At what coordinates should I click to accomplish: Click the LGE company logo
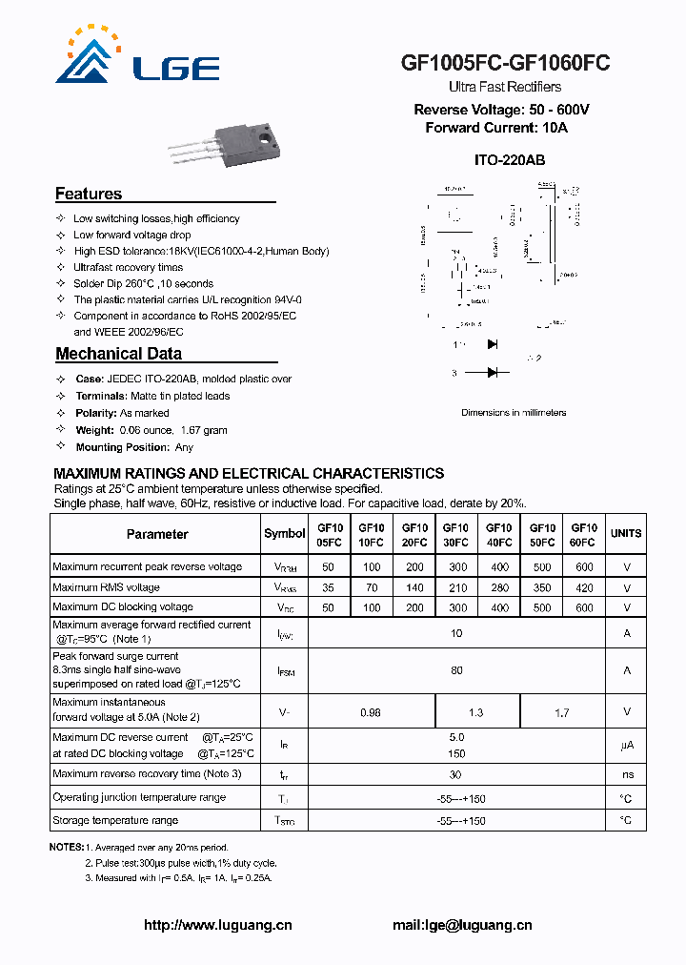(x=133, y=57)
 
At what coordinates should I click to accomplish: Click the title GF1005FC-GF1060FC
(x=505, y=63)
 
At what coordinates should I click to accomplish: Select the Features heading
(x=89, y=195)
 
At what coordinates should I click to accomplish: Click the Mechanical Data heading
(x=118, y=355)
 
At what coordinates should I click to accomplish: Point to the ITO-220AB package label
(x=509, y=161)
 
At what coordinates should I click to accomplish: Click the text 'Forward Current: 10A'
(x=495, y=128)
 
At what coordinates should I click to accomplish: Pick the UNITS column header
(x=626, y=534)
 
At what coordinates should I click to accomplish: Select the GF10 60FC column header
(x=583, y=535)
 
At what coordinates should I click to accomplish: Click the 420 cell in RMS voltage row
(x=583, y=588)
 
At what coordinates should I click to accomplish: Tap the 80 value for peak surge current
(x=456, y=670)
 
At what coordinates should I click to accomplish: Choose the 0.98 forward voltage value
(x=371, y=712)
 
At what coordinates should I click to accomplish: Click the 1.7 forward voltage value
(x=561, y=712)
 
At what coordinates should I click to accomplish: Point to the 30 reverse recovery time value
(x=456, y=775)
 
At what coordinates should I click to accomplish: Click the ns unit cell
(x=626, y=775)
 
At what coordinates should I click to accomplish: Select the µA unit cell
(x=626, y=745)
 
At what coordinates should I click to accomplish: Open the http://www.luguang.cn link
(x=217, y=925)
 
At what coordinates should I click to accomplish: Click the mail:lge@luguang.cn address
(x=462, y=925)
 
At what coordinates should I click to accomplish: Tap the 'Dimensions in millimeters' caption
(x=514, y=413)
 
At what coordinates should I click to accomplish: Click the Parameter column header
(x=157, y=535)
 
